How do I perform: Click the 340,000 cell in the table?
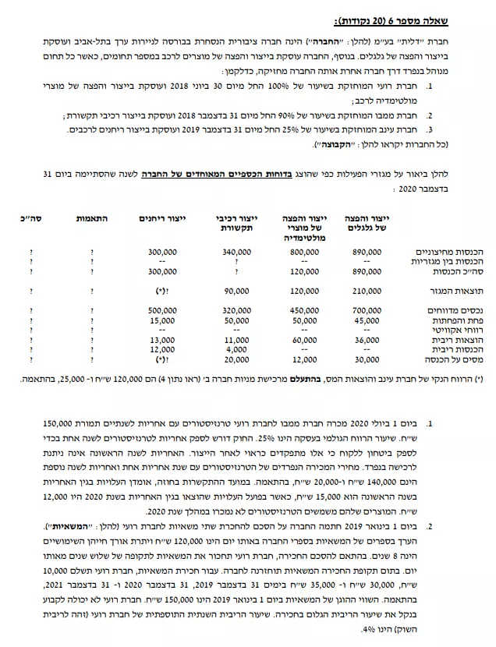point(236,253)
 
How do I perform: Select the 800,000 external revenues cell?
point(306,253)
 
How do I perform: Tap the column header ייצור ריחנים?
point(160,217)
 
